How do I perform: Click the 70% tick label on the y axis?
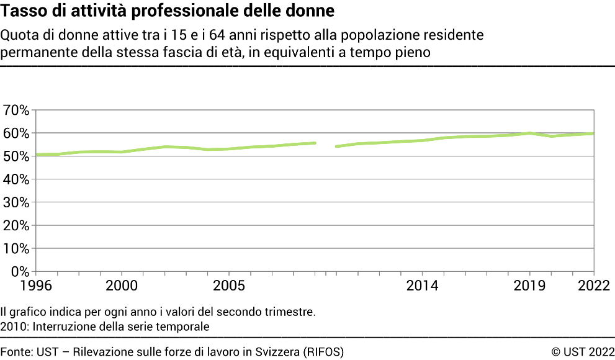tap(16, 110)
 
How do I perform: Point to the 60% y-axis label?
tap(16, 133)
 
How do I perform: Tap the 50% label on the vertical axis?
tap(16, 156)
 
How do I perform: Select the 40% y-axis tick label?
tap(16, 179)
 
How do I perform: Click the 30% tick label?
tap(16, 202)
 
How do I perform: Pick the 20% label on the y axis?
tap(16, 225)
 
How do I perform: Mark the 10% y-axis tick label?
tap(16, 248)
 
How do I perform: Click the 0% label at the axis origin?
tap(20, 271)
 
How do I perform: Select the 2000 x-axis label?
tap(122, 286)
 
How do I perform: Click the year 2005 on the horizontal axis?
tap(229, 286)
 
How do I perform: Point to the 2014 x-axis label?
tap(422, 286)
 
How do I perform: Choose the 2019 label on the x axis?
tap(529, 286)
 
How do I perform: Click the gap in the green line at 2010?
tap(326, 145)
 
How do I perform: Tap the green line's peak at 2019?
tap(529, 133)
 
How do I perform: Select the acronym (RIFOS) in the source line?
tap(323, 351)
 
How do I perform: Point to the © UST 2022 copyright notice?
tap(583, 351)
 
